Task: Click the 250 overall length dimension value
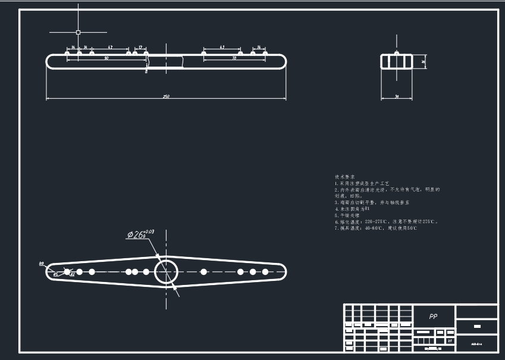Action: click(x=167, y=96)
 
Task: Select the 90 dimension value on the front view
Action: click(x=106, y=58)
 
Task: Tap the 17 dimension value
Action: click(x=140, y=46)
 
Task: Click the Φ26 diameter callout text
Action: click(x=136, y=234)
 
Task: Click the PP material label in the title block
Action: click(x=433, y=317)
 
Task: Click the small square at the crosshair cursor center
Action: click(x=78, y=32)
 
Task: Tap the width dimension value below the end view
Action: click(x=397, y=96)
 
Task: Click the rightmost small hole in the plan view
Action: click(x=265, y=272)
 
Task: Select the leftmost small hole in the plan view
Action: click(x=67, y=272)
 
